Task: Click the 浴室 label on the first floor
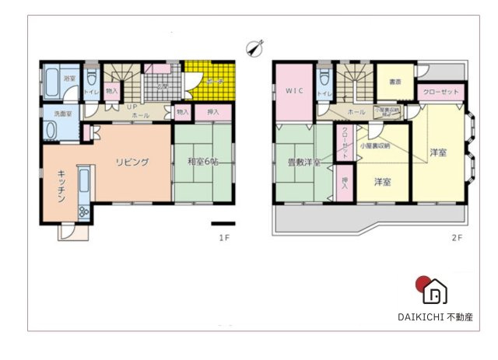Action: pos(68,79)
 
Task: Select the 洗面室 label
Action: pos(62,114)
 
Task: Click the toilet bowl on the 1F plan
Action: pos(92,77)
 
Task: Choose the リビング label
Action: pos(132,162)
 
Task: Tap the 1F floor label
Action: pos(223,238)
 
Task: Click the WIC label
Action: pos(293,91)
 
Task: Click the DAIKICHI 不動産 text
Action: pos(435,316)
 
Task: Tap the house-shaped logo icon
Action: pos(436,292)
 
